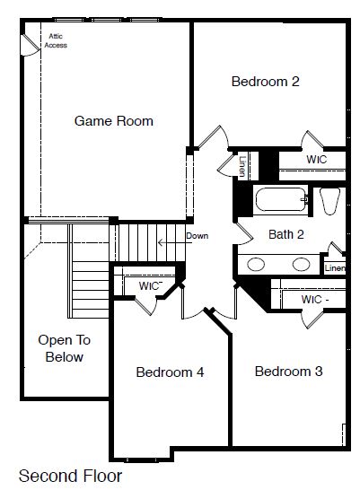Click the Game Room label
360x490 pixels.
(x=114, y=121)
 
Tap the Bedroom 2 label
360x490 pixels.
(x=266, y=82)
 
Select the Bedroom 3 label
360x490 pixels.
(x=288, y=372)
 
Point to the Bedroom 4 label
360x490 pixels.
(x=170, y=372)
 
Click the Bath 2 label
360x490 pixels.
(x=286, y=234)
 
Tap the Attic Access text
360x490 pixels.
(x=56, y=41)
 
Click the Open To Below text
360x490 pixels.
(x=65, y=348)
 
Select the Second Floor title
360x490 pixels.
(x=70, y=476)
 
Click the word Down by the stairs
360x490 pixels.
(x=198, y=236)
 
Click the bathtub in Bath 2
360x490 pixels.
(x=281, y=199)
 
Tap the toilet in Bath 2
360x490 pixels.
(x=329, y=201)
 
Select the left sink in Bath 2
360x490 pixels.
(x=256, y=264)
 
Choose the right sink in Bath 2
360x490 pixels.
(x=302, y=264)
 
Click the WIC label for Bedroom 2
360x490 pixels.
(x=317, y=160)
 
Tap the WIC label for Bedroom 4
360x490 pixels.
(x=150, y=285)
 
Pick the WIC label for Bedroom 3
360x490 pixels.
(x=315, y=300)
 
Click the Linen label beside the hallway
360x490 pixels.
(x=241, y=166)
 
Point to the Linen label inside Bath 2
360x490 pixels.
(x=335, y=268)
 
